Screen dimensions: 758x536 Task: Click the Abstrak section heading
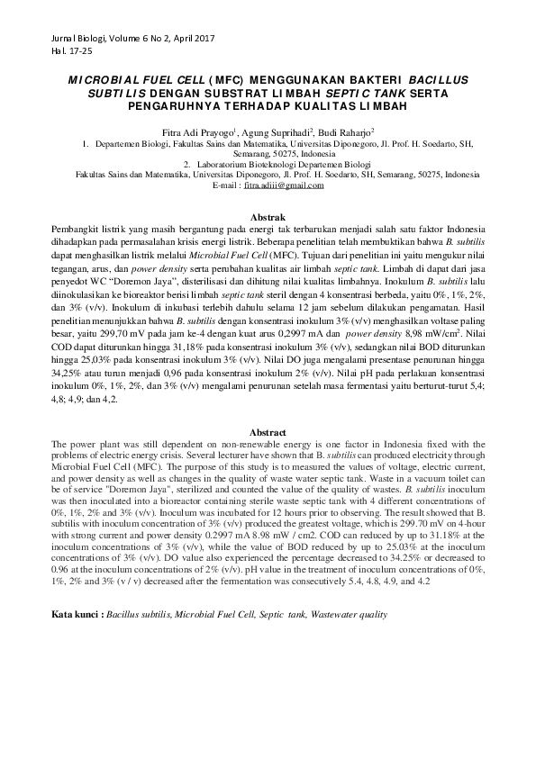click(x=268, y=218)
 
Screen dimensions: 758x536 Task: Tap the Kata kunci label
click(x=76, y=590)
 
